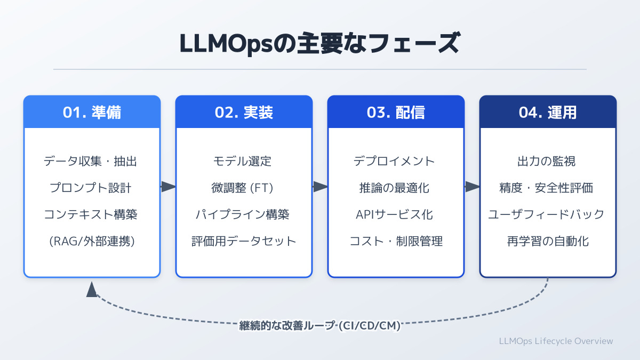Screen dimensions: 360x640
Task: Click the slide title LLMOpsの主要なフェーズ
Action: pyautogui.click(x=319, y=44)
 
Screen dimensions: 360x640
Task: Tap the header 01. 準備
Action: pyautogui.click(x=92, y=113)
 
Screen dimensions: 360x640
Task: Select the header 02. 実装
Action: pyautogui.click(x=244, y=113)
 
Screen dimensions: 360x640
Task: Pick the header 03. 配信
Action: pyautogui.click(x=396, y=113)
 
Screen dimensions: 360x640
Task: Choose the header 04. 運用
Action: pyautogui.click(x=548, y=113)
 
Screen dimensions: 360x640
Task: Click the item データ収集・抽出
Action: pyautogui.click(x=92, y=161)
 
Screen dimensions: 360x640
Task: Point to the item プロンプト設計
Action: pyautogui.click(x=92, y=187)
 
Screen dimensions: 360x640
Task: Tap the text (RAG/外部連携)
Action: pyautogui.click(x=92, y=241)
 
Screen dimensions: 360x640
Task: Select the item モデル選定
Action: pyautogui.click(x=244, y=161)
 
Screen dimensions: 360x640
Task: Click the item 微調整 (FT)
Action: pyautogui.click(x=244, y=187)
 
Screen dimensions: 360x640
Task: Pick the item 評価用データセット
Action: pyautogui.click(x=244, y=241)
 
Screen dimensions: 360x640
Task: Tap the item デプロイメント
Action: pyautogui.click(x=396, y=161)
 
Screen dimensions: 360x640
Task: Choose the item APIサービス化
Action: pyautogui.click(x=396, y=214)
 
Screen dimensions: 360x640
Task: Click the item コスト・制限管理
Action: pyautogui.click(x=396, y=241)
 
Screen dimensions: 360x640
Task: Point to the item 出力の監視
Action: pyautogui.click(x=548, y=161)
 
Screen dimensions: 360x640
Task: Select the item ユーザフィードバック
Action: pyautogui.click(x=548, y=214)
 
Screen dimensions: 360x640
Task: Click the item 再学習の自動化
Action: pyautogui.click(x=548, y=241)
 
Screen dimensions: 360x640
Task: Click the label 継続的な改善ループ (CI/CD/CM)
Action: pyautogui.click(x=319, y=325)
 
